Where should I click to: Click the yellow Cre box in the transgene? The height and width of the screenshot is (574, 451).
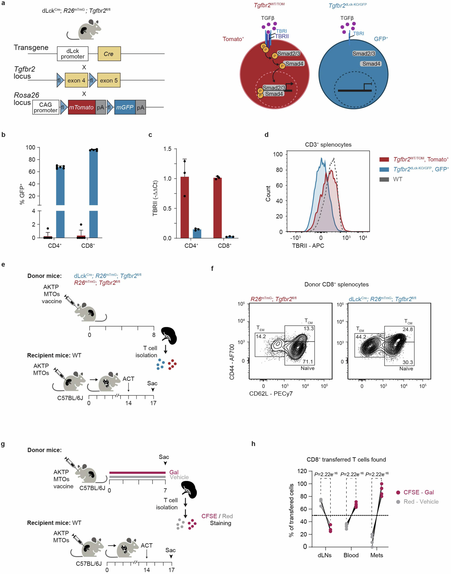pyautogui.click(x=109, y=54)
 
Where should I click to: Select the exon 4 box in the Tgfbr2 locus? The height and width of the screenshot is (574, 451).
pyautogui.click(x=76, y=80)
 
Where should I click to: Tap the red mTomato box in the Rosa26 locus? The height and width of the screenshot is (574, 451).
pyautogui.click(x=82, y=107)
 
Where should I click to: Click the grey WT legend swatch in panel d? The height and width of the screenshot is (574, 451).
pyautogui.click(x=384, y=179)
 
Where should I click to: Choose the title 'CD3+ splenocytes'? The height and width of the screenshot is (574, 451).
pyautogui.click(x=328, y=145)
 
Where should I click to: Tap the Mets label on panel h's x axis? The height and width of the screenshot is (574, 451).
pyautogui.click(x=377, y=555)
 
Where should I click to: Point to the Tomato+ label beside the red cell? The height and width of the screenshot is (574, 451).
pyautogui.click(x=233, y=39)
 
